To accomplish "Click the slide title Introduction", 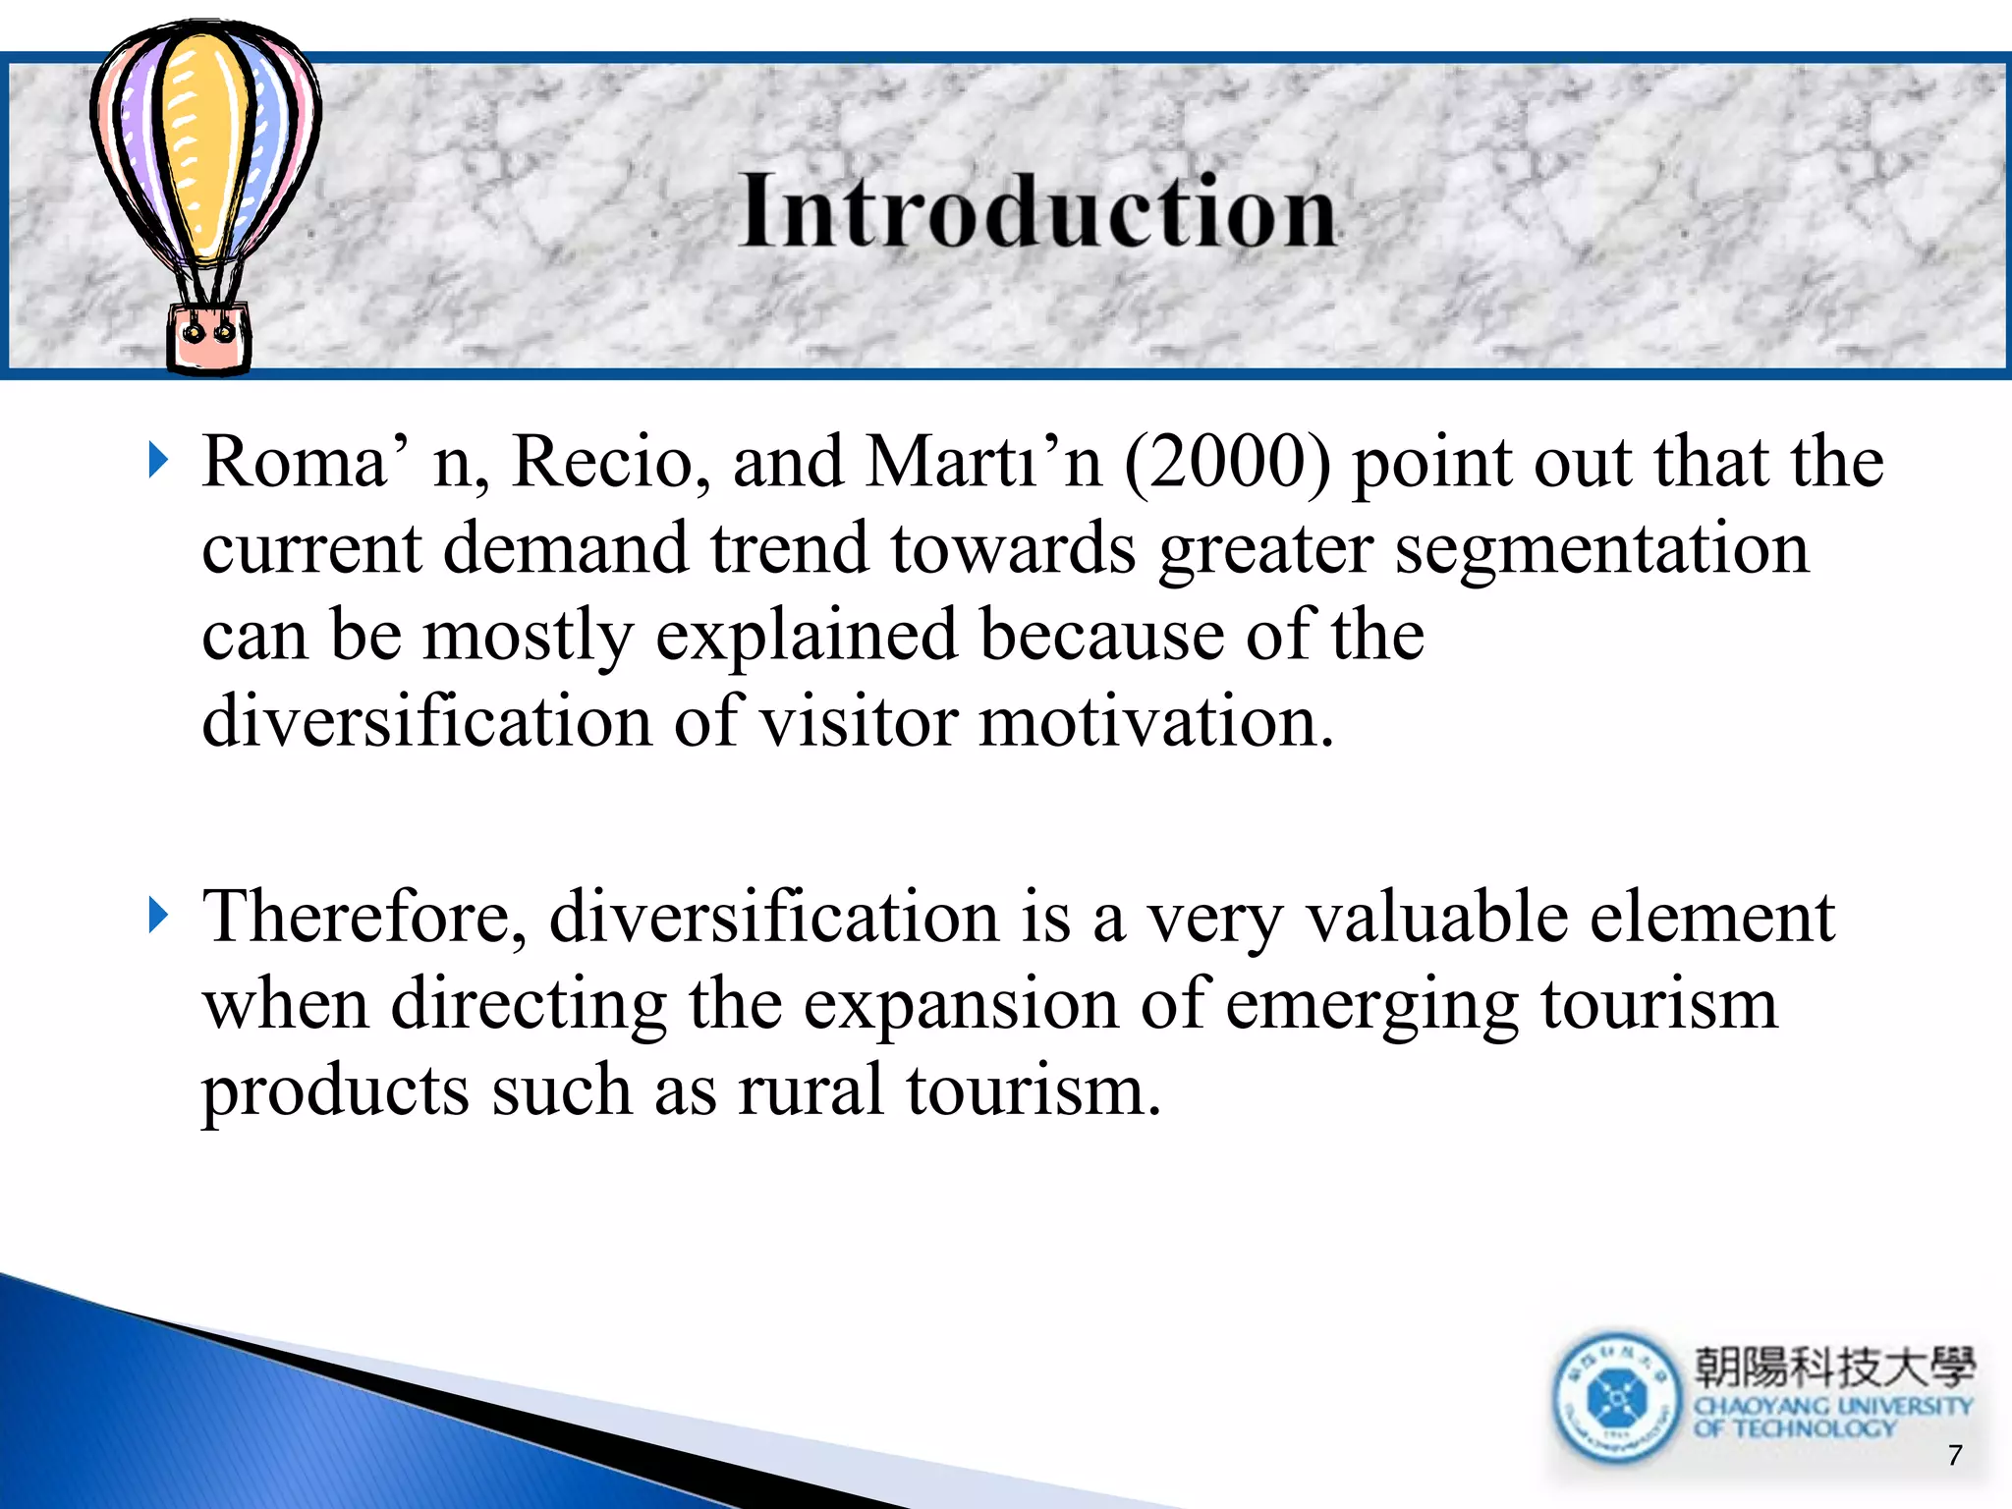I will click(x=1037, y=210).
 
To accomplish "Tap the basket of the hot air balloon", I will click(x=208, y=337).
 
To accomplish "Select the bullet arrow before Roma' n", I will click(x=158, y=460).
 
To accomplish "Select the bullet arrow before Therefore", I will click(x=158, y=915).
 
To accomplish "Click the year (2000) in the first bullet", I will click(x=1227, y=462).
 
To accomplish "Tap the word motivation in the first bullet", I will click(x=1155, y=721).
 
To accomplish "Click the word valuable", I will click(x=1435, y=916).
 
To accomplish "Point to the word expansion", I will click(x=960, y=1004).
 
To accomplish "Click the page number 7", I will click(x=1954, y=1455).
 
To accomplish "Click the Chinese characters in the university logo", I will click(x=1833, y=1367).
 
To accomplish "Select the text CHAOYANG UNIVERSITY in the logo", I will click(x=1833, y=1406).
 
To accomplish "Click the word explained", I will click(x=806, y=636).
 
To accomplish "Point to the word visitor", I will click(x=859, y=721).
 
